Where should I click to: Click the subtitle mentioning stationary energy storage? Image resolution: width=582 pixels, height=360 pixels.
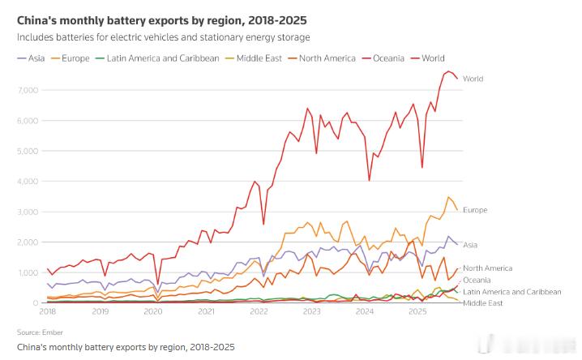pos(163,37)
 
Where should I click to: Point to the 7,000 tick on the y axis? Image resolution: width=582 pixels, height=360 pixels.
pos(28,90)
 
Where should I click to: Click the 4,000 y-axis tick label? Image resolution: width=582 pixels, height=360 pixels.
pos(28,181)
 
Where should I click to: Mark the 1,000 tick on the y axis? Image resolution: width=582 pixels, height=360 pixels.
pos(28,272)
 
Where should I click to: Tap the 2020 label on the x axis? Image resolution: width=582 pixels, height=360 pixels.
pos(152,311)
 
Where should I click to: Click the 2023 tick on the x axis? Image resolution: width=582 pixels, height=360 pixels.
pos(311,311)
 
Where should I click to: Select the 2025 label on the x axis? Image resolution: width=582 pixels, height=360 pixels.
pos(417,311)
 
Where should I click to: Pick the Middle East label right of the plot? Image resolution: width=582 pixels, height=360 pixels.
pos(483,302)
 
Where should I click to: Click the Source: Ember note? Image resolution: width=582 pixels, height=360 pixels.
pos(39,332)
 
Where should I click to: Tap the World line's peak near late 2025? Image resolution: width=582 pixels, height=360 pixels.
pos(448,71)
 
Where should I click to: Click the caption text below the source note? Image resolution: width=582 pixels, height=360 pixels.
pos(126,347)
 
